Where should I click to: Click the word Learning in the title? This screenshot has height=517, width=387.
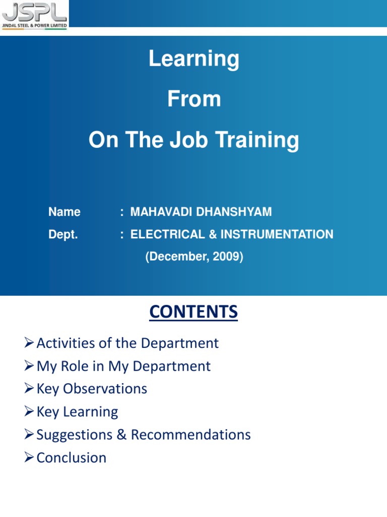193,60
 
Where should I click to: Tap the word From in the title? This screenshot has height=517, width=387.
193,99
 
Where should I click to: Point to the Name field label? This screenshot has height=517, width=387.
64,212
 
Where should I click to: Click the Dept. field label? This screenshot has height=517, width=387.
63,234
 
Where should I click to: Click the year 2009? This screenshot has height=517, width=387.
226,257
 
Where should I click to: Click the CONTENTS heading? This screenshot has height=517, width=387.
193,313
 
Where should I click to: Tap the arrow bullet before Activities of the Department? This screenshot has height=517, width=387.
29,344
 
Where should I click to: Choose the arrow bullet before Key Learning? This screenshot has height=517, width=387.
29,412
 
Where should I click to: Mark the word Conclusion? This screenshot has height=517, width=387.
72,458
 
